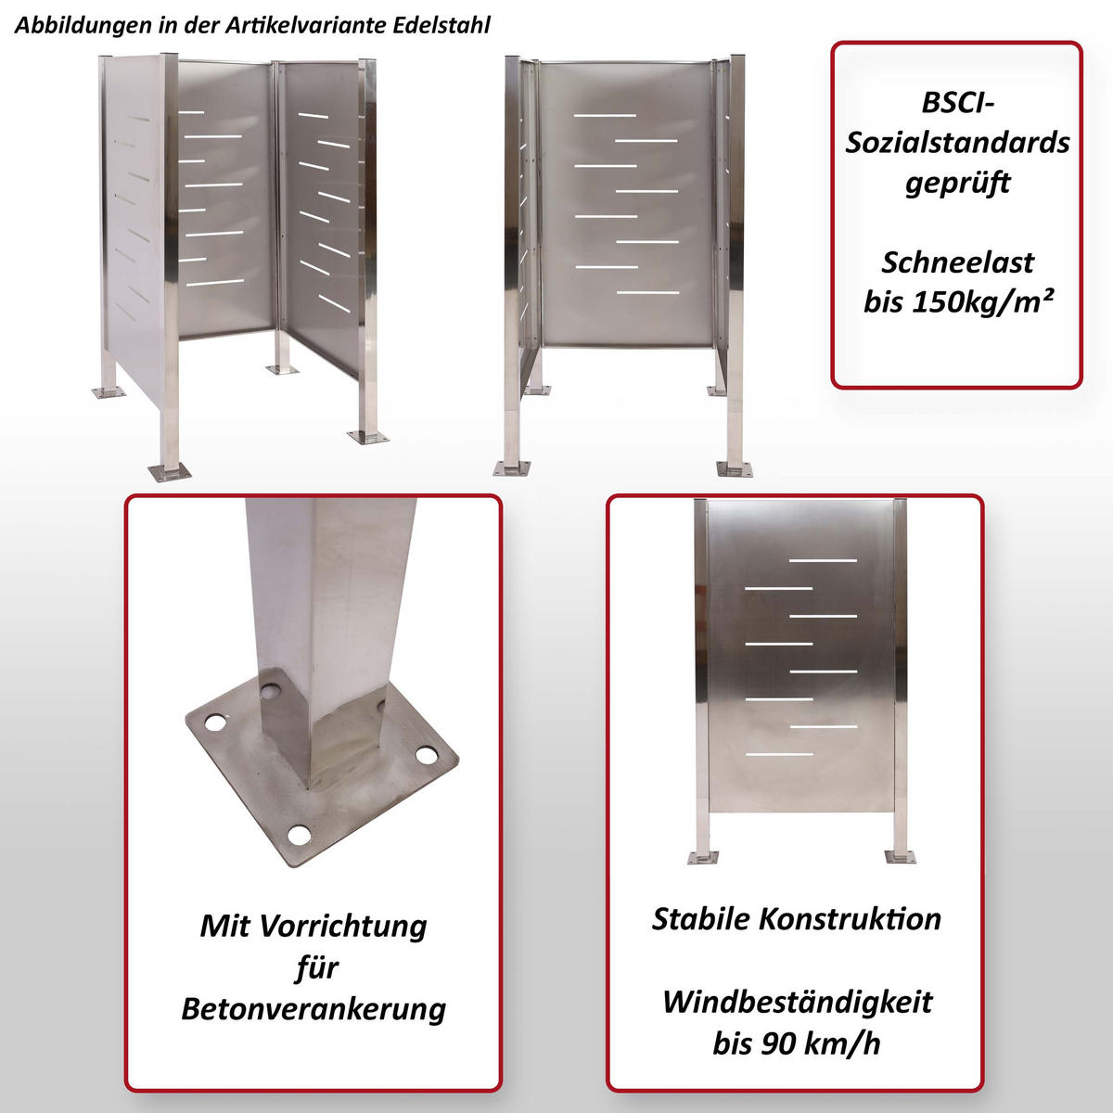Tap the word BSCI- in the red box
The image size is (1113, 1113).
(x=957, y=102)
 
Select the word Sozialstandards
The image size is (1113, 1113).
(x=957, y=142)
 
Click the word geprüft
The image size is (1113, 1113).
(x=957, y=183)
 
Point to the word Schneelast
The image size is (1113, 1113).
(x=957, y=262)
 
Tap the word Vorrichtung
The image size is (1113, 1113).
(x=342, y=926)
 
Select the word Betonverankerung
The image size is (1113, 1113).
(x=313, y=1008)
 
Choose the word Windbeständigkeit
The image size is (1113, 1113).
(x=797, y=1002)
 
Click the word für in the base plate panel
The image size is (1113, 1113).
(x=315, y=967)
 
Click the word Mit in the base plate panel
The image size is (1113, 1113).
(x=224, y=926)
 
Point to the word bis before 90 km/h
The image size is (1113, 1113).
(x=733, y=1043)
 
